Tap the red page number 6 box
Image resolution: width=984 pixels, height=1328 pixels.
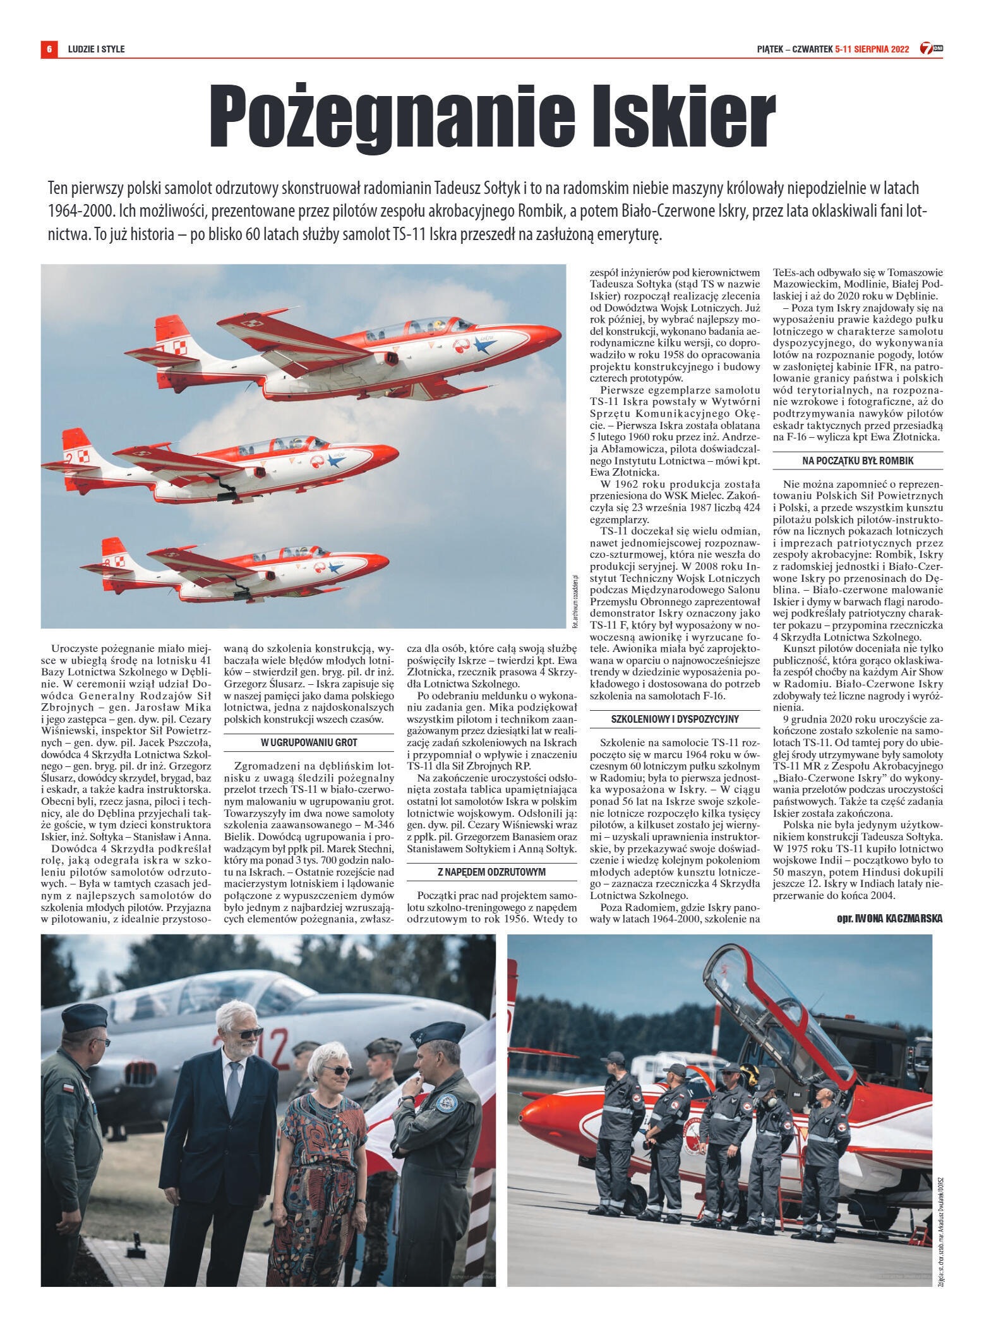[x=49, y=49]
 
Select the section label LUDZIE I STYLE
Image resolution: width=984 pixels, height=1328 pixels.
[x=96, y=49]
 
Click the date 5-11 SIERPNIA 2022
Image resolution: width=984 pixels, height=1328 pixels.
[x=872, y=49]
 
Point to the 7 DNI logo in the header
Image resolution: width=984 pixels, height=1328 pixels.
[x=931, y=48]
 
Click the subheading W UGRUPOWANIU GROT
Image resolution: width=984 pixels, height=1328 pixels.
[x=309, y=742]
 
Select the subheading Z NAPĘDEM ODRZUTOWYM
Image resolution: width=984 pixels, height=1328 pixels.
[x=492, y=872]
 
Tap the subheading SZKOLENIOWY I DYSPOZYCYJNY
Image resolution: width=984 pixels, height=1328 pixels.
[x=675, y=719]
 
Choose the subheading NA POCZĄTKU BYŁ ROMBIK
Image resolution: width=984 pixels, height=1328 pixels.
[x=858, y=461]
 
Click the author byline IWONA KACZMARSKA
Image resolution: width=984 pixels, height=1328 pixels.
[x=897, y=919]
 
